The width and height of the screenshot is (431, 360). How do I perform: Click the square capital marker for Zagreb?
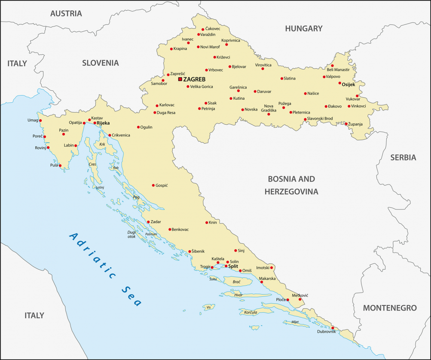point(180,79)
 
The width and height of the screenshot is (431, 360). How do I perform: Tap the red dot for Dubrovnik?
point(333,328)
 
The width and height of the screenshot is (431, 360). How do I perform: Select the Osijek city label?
point(350,85)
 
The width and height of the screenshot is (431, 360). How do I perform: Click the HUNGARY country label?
point(303,29)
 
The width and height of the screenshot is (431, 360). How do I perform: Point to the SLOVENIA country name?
point(100,63)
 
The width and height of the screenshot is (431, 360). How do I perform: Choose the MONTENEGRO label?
point(390,308)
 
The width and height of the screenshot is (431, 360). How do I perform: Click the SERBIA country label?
point(403,157)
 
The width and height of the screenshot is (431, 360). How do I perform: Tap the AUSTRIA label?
point(66,13)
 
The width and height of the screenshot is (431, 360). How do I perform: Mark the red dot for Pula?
point(60,166)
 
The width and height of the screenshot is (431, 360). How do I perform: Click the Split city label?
point(233,266)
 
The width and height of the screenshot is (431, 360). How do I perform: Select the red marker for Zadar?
point(148,222)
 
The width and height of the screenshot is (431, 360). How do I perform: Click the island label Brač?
point(236,282)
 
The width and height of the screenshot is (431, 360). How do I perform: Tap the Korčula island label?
point(250,312)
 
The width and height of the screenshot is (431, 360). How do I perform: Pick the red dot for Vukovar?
point(357,96)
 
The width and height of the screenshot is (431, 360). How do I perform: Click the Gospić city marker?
point(153,185)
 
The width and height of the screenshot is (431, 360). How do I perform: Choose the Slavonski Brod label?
point(321,119)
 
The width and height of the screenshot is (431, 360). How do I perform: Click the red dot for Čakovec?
point(203,29)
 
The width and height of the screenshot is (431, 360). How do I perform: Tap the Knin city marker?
point(207,223)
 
